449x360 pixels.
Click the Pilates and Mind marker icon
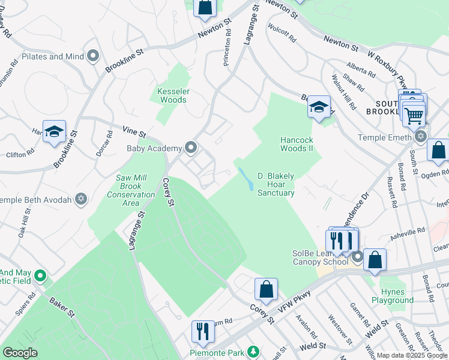point(93,56)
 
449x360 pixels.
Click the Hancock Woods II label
point(297,144)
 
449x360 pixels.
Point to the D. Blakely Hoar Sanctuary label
point(276,184)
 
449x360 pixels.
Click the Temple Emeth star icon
point(420,137)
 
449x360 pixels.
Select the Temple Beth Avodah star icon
point(81,199)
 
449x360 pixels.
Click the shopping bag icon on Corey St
point(266,289)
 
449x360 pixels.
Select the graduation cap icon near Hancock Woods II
point(319,107)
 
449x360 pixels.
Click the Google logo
point(20,353)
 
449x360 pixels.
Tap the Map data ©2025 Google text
point(412,355)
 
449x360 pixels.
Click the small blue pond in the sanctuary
point(246,178)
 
